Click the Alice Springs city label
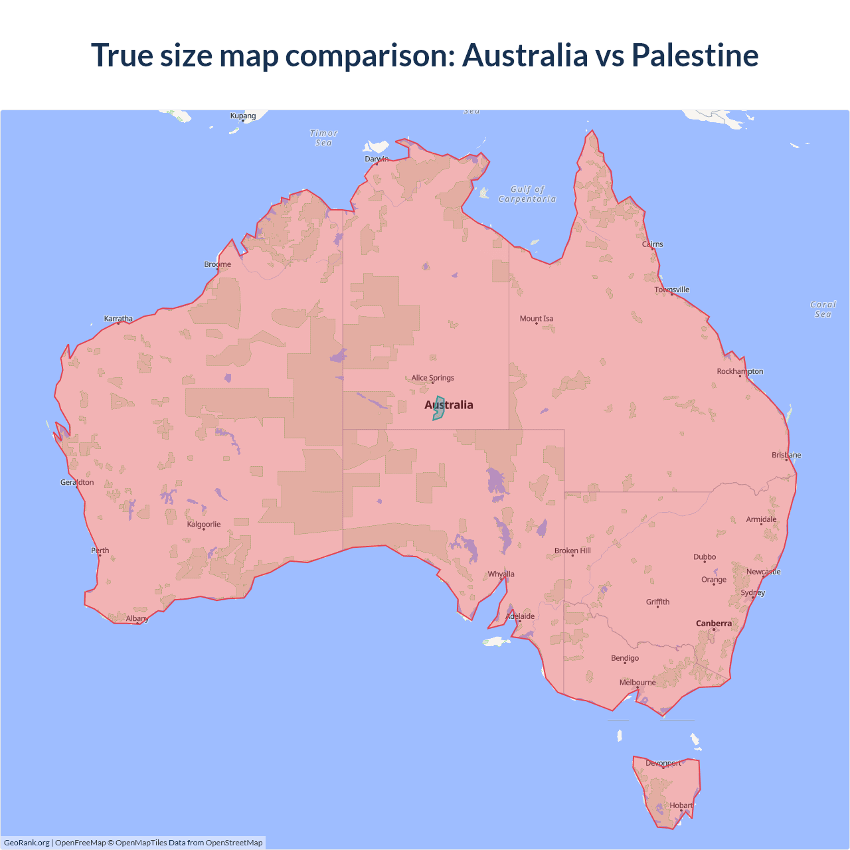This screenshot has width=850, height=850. pyautogui.click(x=433, y=378)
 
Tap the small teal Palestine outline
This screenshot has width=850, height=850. pyautogui.click(x=438, y=409)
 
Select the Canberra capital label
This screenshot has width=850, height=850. pyautogui.click(x=714, y=624)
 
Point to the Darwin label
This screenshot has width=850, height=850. pyautogui.click(x=377, y=159)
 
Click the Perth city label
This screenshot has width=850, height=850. pyautogui.click(x=100, y=551)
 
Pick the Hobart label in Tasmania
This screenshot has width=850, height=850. pyautogui.click(x=681, y=806)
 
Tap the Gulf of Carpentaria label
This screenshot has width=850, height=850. pyautogui.click(x=527, y=194)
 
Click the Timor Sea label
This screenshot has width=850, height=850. pyautogui.click(x=324, y=138)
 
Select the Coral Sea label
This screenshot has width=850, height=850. pyautogui.click(x=823, y=309)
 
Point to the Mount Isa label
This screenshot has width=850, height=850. pyautogui.click(x=537, y=319)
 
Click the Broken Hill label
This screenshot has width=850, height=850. pyautogui.click(x=572, y=551)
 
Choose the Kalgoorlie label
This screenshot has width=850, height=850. pyautogui.click(x=204, y=525)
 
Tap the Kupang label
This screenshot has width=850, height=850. pyautogui.click(x=243, y=116)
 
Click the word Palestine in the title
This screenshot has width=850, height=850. pyautogui.click(x=695, y=55)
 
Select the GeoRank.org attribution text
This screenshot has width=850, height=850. pyautogui.click(x=27, y=843)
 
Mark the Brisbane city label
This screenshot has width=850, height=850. pyautogui.click(x=786, y=456)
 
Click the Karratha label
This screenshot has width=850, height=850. pyautogui.click(x=118, y=319)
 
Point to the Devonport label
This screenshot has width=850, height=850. pyautogui.click(x=663, y=763)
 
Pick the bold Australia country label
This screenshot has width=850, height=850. pyautogui.click(x=449, y=405)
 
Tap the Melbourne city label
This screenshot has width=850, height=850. pyautogui.click(x=637, y=683)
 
